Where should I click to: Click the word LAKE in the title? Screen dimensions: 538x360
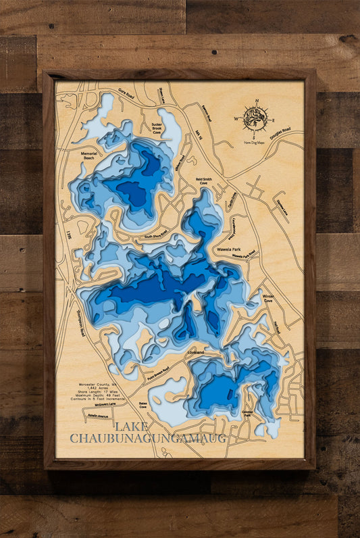(129, 426)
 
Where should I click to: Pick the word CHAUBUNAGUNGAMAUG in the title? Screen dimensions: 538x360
(148, 439)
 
